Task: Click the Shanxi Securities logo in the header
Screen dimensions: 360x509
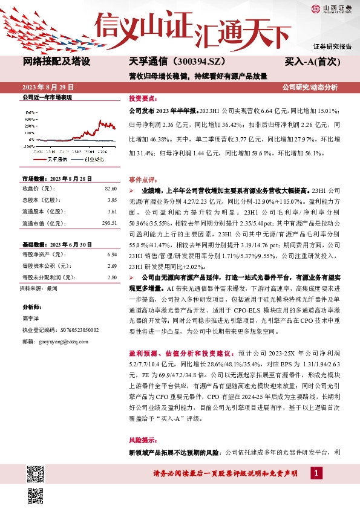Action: (333, 8)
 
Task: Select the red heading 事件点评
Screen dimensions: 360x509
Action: (143, 180)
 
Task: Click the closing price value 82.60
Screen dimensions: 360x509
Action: (111, 190)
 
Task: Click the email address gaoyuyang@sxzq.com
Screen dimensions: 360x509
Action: (64, 342)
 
